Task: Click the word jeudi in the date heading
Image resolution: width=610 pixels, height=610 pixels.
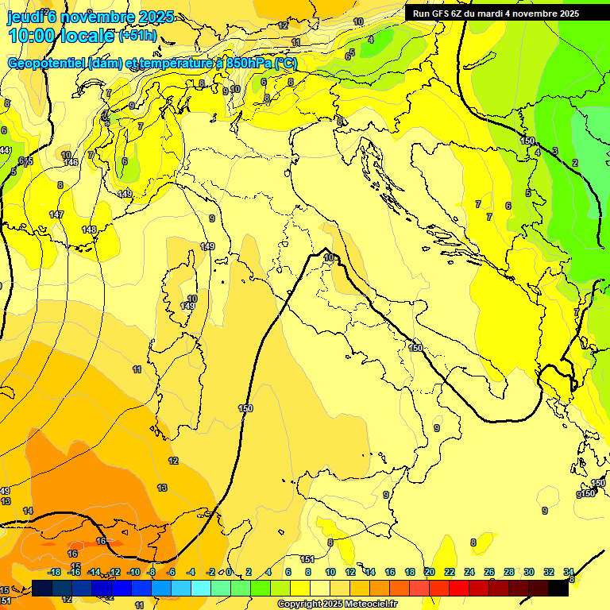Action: (x=26, y=16)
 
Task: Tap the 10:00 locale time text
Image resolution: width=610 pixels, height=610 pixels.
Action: (x=62, y=36)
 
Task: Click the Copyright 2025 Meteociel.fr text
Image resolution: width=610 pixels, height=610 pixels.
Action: (x=338, y=604)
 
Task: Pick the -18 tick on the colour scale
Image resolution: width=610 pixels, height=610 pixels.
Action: (x=54, y=572)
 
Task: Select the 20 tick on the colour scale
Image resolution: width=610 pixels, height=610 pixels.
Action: (x=430, y=572)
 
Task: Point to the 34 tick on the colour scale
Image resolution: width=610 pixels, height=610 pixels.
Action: (x=569, y=572)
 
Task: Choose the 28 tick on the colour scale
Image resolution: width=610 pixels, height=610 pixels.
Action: (x=509, y=572)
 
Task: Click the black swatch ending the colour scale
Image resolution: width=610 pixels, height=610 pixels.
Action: (x=558, y=588)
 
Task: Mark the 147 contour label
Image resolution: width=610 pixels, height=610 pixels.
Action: (x=56, y=215)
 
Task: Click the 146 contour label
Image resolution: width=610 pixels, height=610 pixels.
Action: (x=71, y=162)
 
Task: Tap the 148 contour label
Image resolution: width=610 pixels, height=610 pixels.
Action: (x=89, y=230)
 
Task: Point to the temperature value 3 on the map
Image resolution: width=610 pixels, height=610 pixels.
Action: (x=555, y=151)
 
